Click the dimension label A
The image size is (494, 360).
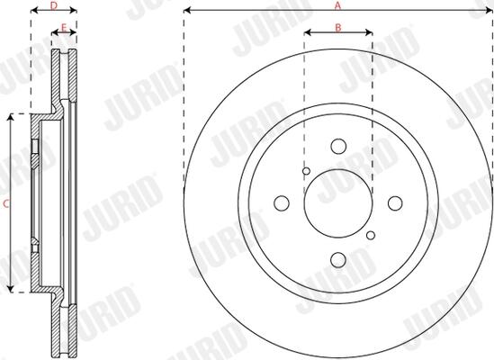(337, 5)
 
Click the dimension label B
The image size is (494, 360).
(338, 28)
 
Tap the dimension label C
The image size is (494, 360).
(6, 203)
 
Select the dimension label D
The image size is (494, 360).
(54, 5)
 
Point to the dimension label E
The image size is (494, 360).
(64, 28)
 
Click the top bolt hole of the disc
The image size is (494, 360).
(338, 147)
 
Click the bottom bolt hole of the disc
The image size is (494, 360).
(338, 260)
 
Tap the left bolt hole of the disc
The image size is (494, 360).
(282, 203)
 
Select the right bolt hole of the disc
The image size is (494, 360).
(395, 203)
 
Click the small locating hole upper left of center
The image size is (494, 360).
(306, 171)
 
